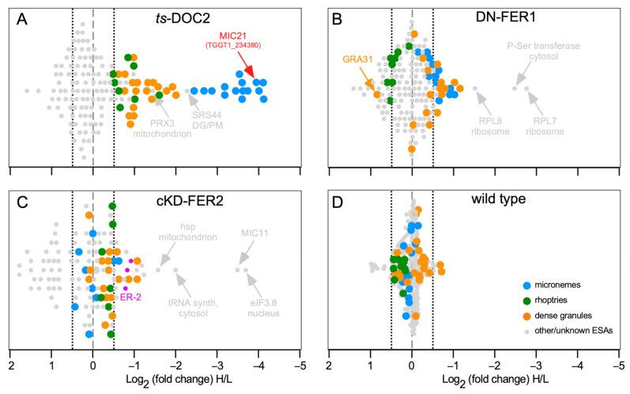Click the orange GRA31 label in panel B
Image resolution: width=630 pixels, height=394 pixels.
coord(357,58)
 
